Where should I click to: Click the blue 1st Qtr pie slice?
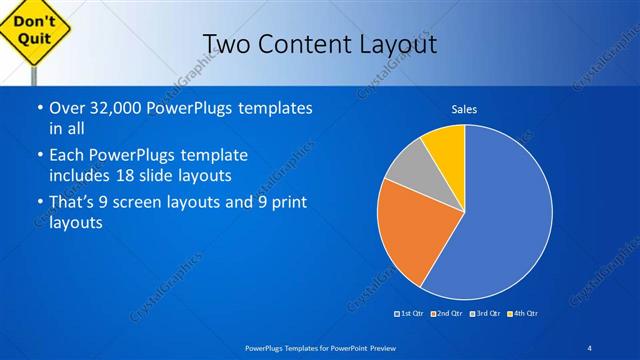[505, 215]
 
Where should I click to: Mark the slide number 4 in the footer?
[590, 347]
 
